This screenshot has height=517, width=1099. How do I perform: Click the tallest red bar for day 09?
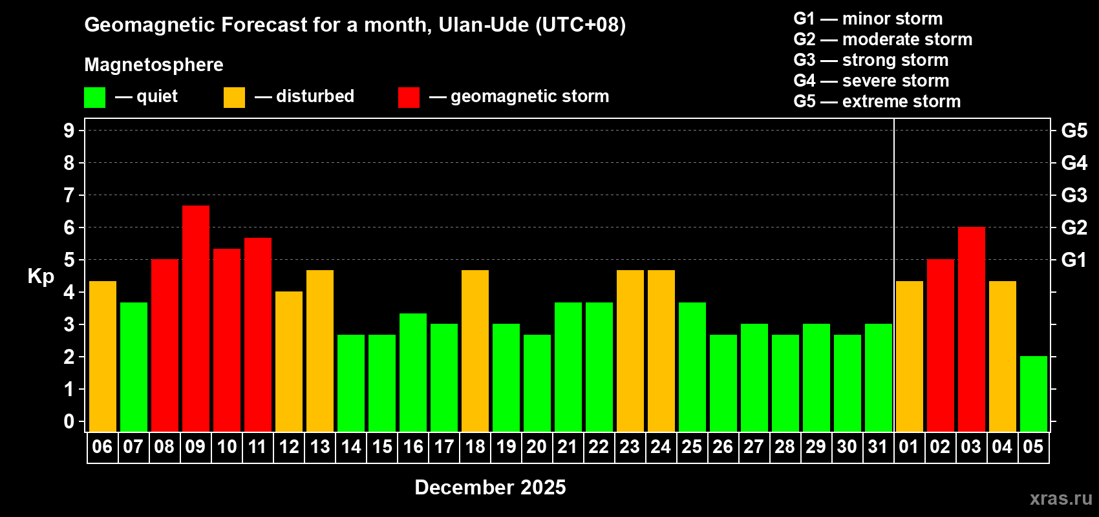click(196, 318)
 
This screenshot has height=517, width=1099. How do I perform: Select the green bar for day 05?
click(1033, 394)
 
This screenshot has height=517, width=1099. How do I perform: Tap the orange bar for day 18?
click(475, 350)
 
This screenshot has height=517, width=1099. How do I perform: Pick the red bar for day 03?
click(971, 329)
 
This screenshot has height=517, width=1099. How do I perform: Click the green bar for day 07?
click(134, 366)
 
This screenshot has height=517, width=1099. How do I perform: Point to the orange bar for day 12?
click(289, 361)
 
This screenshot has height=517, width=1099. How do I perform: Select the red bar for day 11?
click(258, 334)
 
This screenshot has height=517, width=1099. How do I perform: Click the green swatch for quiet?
click(94, 98)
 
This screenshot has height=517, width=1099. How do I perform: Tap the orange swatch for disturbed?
click(234, 98)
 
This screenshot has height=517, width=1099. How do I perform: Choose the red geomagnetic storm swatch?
click(409, 98)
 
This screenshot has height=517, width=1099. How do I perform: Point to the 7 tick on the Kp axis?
click(69, 195)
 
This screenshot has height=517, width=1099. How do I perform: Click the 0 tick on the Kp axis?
click(69, 422)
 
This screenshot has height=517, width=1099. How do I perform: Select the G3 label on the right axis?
click(1074, 195)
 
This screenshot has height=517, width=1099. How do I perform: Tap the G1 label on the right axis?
click(1074, 260)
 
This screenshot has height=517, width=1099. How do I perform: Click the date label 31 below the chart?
click(878, 447)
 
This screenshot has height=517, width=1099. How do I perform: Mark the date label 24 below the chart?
click(661, 447)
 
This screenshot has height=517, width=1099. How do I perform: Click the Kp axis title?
click(41, 277)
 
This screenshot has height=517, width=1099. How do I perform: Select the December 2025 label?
click(490, 487)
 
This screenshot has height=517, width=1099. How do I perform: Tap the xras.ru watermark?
click(1061, 498)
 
